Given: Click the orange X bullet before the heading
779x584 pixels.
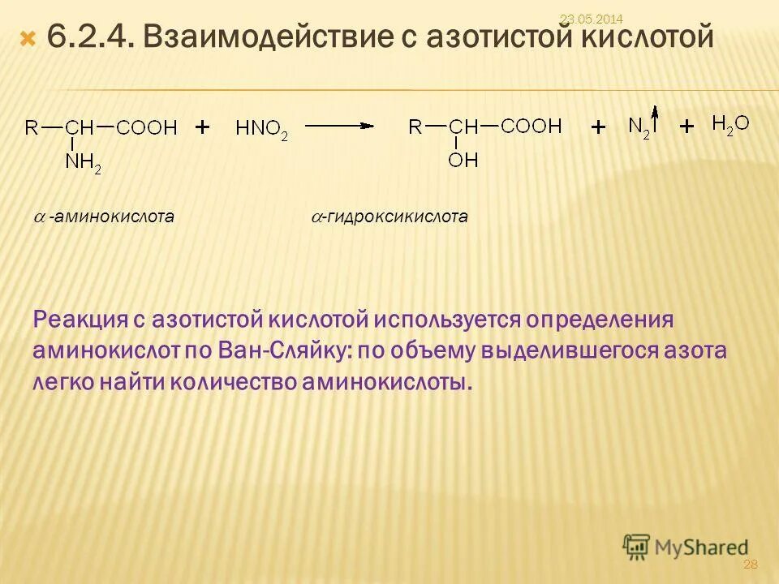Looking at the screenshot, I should click(x=28, y=38).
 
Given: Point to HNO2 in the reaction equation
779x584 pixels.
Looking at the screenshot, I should click(x=261, y=128).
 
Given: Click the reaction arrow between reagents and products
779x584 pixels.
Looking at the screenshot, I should click(x=339, y=126).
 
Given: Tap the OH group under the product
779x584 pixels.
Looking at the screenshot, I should click(x=463, y=159).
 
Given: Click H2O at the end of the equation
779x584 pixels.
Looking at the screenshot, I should click(x=730, y=124).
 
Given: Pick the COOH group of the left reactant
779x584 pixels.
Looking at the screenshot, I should click(x=147, y=127).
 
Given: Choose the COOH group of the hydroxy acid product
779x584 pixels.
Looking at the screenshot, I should click(x=531, y=126).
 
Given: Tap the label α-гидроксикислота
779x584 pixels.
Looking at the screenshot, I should click(x=390, y=217).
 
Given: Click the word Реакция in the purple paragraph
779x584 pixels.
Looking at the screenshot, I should click(x=77, y=319).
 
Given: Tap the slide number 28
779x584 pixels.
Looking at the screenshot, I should click(x=750, y=564).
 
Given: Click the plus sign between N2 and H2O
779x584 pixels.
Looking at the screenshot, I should click(x=687, y=127).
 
